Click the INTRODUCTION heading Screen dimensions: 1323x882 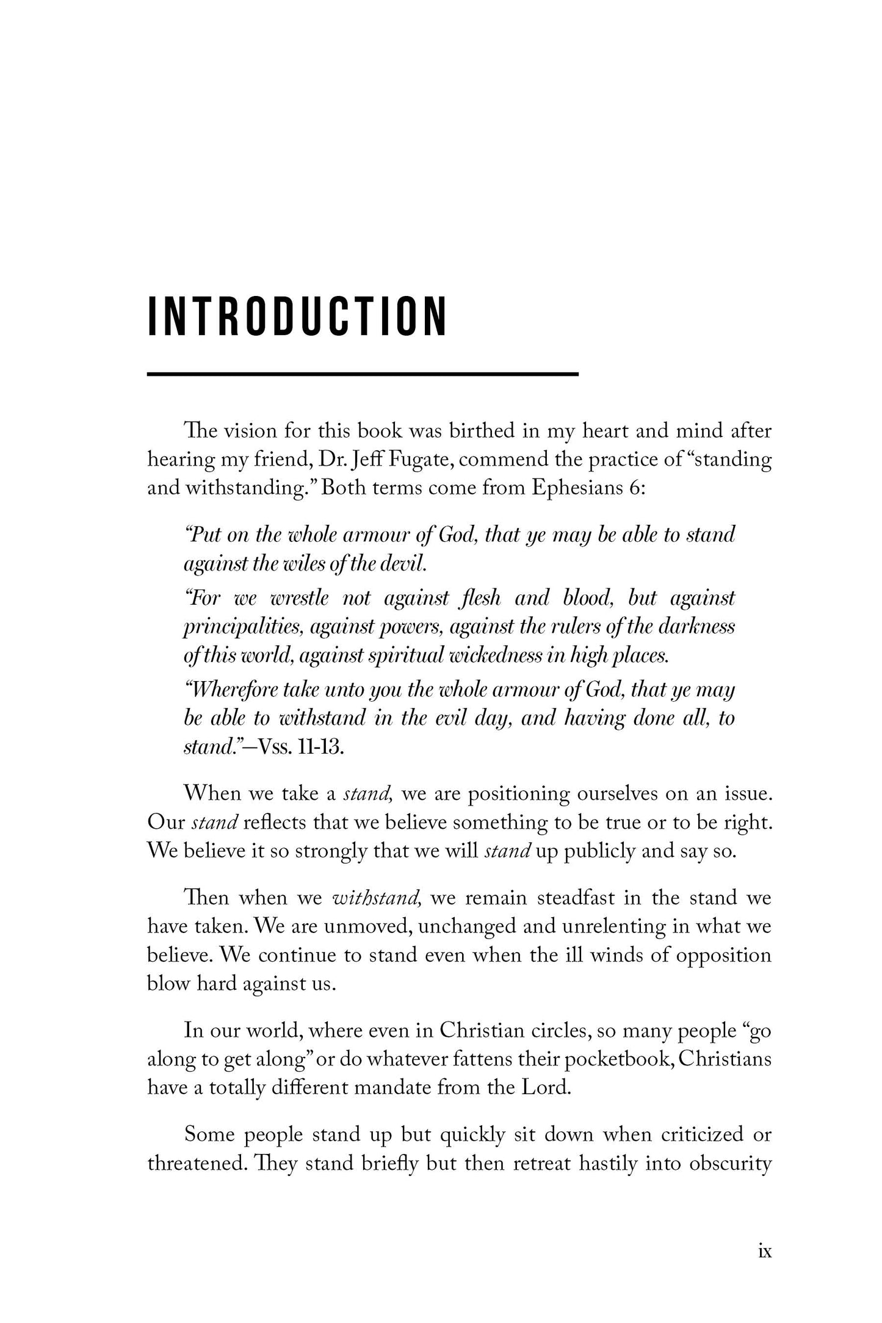coord(298,317)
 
